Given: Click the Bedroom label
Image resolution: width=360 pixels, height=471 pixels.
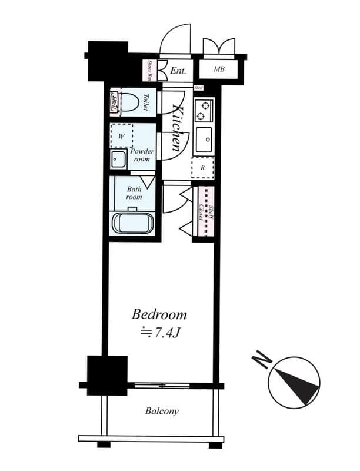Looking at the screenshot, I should [159, 314].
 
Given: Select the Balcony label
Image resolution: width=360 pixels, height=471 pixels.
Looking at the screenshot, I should [162, 411].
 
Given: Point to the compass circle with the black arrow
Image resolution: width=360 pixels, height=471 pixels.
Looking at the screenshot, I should [294, 382].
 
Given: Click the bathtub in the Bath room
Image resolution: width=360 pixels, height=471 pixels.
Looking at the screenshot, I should [132, 224].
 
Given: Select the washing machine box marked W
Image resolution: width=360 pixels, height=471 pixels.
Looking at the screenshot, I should [122, 136].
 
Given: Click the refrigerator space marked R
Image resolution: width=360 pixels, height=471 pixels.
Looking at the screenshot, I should [202, 167].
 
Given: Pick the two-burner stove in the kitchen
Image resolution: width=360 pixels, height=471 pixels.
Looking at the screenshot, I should [203, 110].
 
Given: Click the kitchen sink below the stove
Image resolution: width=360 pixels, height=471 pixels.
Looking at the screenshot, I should [204, 139].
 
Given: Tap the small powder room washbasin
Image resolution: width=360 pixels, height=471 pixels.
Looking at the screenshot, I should [118, 160].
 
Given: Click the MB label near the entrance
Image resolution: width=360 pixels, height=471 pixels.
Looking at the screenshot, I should [219, 69].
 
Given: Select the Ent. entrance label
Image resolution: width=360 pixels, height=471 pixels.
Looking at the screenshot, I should [178, 71].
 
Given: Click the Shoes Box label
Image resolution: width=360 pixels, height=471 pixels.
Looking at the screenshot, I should [150, 70].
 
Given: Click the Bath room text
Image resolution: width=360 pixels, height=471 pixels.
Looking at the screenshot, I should [134, 193].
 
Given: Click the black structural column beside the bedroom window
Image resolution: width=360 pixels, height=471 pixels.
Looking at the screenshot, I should [107, 375].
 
